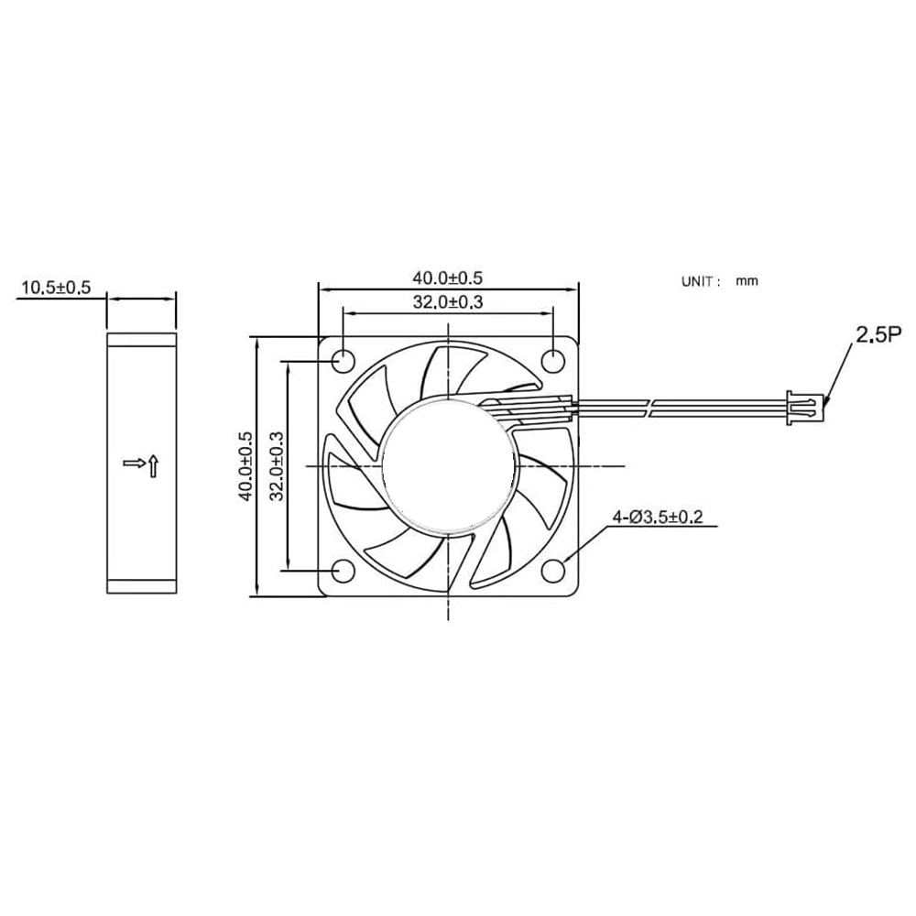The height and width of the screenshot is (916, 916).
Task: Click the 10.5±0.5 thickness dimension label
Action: tap(56, 288)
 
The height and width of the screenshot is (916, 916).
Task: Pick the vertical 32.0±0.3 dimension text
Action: tap(276, 465)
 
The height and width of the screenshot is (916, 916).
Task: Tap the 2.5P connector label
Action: tap(878, 336)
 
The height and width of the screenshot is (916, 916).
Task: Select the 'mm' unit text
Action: tap(747, 282)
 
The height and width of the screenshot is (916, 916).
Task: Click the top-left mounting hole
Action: tap(342, 360)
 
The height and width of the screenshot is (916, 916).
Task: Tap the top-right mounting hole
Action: tap(553, 360)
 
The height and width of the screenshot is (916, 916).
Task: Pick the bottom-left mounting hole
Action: tap(342, 571)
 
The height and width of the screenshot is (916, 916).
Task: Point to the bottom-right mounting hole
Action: tap(553, 571)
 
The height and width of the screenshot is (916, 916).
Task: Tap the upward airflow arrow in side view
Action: tap(154, 466)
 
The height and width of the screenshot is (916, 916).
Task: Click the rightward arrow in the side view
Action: tap(134, 463)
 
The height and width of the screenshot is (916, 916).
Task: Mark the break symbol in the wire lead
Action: tap(654, 407)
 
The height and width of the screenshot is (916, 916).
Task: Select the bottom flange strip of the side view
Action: tap(142, 586)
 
